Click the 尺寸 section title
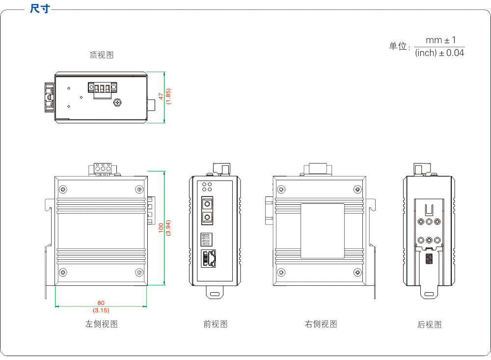[40, 9]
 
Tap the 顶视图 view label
[101, 55]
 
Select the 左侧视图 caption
[101, 324]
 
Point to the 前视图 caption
[215, 324]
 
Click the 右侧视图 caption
[321, 324]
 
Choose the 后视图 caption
[429, 324]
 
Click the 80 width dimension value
[101, 303]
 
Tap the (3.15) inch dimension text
[101, 310]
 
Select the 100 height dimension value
[161, 228]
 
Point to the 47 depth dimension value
[161, 96]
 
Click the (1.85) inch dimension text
[168, 96]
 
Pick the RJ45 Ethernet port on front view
[209, 258]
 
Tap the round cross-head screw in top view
[117, 103]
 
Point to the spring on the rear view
[429, 258]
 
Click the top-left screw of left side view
[62, 189]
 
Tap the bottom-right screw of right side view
[357, 272]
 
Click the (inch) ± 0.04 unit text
[439, 53]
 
